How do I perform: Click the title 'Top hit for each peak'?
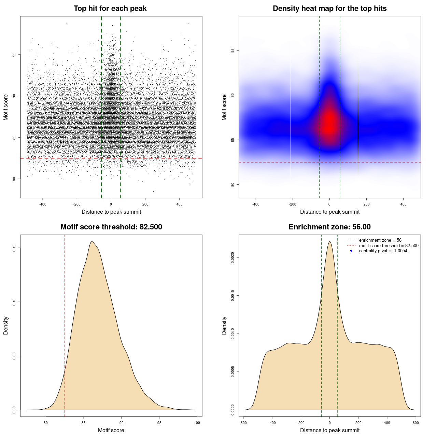coord(110,9)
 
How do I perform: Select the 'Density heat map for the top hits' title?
coord(329,9)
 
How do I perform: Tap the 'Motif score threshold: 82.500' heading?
coord(111,227)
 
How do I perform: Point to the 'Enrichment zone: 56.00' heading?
coord(329,227)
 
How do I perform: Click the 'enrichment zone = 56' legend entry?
coord(380,240)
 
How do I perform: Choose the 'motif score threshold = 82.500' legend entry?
coord(389,245)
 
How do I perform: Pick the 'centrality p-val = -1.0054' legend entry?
coord(383,251)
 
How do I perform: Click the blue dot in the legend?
coord(351,251)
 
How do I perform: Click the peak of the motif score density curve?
coord(91,242)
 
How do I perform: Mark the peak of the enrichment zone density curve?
coord(329,242)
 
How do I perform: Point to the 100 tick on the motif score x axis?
coord(197,423)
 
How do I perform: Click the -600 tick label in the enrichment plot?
coord(243,423)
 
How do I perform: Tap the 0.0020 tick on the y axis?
coord(233,257)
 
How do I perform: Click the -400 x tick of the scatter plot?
coord(43,204)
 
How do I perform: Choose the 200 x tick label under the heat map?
coord(366,204)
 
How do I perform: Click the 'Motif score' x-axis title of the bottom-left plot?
coord(111,430)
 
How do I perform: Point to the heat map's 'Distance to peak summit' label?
coord(329,212)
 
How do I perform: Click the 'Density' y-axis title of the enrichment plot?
coord(224,325)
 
